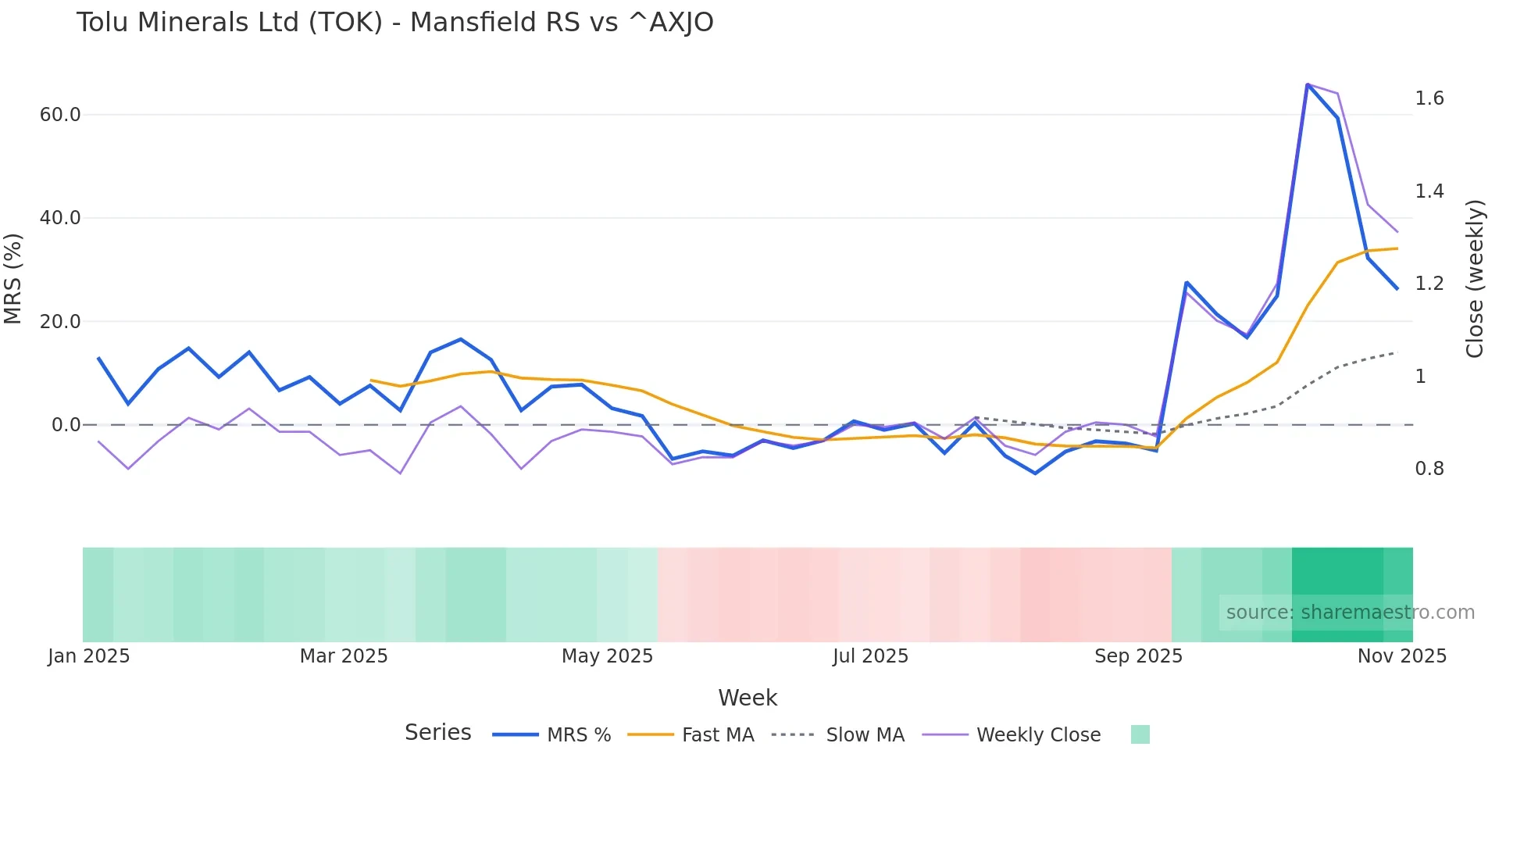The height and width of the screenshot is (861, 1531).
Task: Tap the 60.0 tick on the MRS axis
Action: pyautogui.click(x=60, y=115)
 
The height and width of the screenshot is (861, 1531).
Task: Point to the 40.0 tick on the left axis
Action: pyautogui.click(x=60, y=218)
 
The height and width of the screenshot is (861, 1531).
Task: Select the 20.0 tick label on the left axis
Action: pyautogui.click(x=60, y=321)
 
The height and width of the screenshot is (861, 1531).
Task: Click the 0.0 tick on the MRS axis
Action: pyautogui.click(x=66, y=425)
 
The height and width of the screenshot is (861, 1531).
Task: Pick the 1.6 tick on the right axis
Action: pyautogui.click(x=1429, y=98)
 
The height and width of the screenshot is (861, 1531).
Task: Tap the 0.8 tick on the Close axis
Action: pyautogui.click(x=1429, y=469)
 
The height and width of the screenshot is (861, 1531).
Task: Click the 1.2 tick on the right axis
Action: pyautogui.click(x=1429, y=284)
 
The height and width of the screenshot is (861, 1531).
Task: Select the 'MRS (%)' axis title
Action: pyautogui.click(x=13, y=278)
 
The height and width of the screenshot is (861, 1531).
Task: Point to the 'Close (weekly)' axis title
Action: pyautogui.click(x=1474, y=279)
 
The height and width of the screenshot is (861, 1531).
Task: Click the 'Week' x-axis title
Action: pyautogui.click(x=747, y=698)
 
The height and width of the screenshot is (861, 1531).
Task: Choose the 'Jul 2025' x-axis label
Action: pyautogui.click(x=870, y=656)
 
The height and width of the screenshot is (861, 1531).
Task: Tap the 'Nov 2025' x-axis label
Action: pyautogui.click(x=1401, y=656)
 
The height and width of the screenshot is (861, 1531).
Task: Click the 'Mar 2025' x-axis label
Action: pyautogui.click(x=344, y=656)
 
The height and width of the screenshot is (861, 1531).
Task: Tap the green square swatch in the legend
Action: pyautogui.click(x=1140, y=734)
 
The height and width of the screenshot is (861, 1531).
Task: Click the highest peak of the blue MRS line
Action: pyautogui.click(x=1308, y=84)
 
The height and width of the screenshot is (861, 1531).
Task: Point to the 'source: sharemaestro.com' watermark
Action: pyautogui.click(x=1350, y=613)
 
